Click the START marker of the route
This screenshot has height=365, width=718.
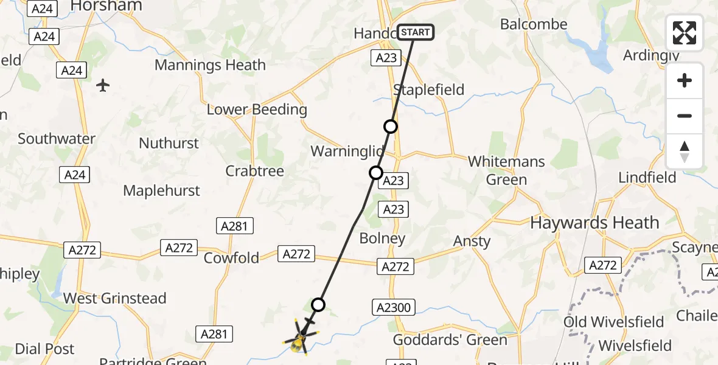(x=416, y=32)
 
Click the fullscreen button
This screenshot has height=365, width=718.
(x=685, y=33)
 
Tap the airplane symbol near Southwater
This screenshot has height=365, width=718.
(x=103, y=85)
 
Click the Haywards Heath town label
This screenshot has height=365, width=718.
(x=594, y=223)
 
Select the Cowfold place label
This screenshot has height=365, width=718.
(x=231, y=258)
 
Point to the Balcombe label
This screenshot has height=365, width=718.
(x=533, y=25)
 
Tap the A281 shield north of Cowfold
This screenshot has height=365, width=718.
(x=234, y=226)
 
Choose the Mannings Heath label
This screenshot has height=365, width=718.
(x=210, y=65)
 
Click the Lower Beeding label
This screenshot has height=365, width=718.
(x=257, y=110)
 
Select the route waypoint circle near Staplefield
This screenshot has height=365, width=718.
(x=391, y=127)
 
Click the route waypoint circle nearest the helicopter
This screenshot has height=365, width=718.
(x=318, y=305)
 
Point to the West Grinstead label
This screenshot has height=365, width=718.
(x=115, y=298)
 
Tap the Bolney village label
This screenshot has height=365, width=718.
(x=382, y=238)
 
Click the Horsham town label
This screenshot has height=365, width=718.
(x=106, y=6)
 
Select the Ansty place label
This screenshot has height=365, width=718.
(x=472, y=242)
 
